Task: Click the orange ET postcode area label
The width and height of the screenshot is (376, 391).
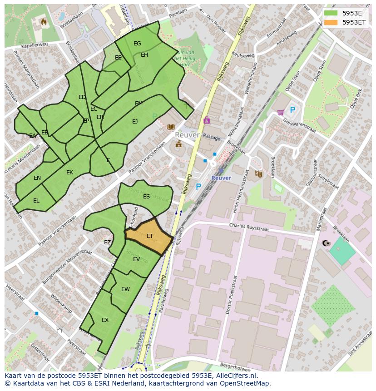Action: (150, 236)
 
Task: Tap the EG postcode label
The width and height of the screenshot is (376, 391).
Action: (137, 44)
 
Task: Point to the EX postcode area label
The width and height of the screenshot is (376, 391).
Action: (105, 320)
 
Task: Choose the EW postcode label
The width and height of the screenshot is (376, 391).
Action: (125, 289)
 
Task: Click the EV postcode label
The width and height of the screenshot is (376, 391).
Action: (136, 259)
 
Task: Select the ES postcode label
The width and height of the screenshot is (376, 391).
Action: (146, 197)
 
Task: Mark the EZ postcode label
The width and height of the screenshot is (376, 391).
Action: (107, 243)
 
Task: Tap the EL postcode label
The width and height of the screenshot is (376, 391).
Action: (36, 200)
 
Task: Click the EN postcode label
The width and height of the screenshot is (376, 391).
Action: (37, 178)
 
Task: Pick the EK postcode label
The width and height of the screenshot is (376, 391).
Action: (69, 173)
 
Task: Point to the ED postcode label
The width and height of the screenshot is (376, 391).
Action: (82, 97)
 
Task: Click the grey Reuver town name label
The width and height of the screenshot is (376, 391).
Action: (187, 135)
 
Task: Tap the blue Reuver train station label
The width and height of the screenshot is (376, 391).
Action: (221, 178)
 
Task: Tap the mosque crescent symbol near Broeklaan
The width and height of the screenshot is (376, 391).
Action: (325, 243)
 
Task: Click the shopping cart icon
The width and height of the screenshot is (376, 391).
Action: (281, 112)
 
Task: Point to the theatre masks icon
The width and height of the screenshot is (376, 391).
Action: (258, 173)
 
